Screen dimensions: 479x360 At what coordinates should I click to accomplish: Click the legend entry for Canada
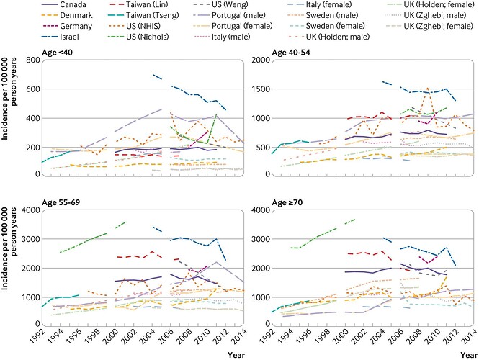(x=64, y=4)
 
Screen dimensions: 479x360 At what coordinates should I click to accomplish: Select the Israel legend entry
(x=61, y=37)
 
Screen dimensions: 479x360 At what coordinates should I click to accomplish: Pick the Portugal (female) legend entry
(x=233, y=26)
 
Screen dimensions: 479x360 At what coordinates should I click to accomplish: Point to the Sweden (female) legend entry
(x=326, y=26)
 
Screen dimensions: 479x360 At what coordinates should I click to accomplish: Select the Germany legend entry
(x=67, y=26)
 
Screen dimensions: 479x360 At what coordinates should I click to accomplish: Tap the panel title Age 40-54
(x=291, y=53)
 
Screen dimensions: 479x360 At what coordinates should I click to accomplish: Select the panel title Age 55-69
(x=61, y=202)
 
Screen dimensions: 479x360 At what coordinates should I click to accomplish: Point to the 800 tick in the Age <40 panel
(x=33, y=60)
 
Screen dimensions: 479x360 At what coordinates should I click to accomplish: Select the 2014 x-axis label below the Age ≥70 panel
(x=469, y=336)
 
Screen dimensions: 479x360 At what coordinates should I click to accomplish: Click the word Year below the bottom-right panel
(x=469, y=355)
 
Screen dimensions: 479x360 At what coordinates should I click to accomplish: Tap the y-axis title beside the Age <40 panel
(x=9, y=99)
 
